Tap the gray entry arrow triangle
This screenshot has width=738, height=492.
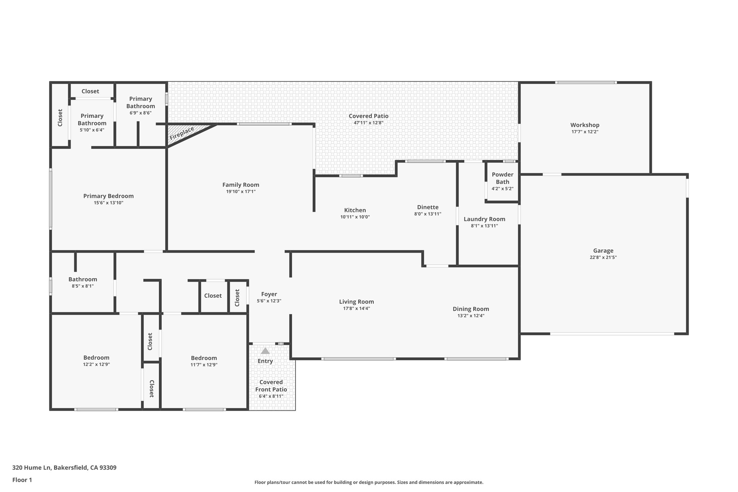click(x=265, y=351)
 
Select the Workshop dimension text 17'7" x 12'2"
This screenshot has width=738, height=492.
click(x=585, y=132)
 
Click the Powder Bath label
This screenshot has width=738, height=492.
click(x=502, y=178)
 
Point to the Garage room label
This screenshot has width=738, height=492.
click(x=603, y=251)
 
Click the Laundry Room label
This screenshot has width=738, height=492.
click(x=484, y=219)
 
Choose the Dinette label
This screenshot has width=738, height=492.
click(x=428, y=207)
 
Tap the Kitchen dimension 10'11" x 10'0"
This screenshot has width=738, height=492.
click(x=355, y=217)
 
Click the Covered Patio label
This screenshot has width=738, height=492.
click(x=368, y=116)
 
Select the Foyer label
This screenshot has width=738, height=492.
click(x=269, y=294)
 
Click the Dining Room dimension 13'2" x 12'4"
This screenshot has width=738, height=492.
click(x=471, y=316)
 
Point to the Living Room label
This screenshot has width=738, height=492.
click(x=356, y=302)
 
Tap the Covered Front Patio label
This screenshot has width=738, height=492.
click(x=271, y=386)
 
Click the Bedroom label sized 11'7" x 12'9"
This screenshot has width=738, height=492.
click(x=204, y=358)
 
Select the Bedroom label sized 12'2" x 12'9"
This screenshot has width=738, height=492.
click(x=96, y=358)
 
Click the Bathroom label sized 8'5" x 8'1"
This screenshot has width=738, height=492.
click(x=83, y=279)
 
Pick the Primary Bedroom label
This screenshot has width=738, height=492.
click(x=108, y=196)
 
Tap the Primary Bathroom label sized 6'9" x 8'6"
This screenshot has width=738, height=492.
click(x=141, y=102)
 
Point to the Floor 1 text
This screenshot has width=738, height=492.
click(x=22, y=480)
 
